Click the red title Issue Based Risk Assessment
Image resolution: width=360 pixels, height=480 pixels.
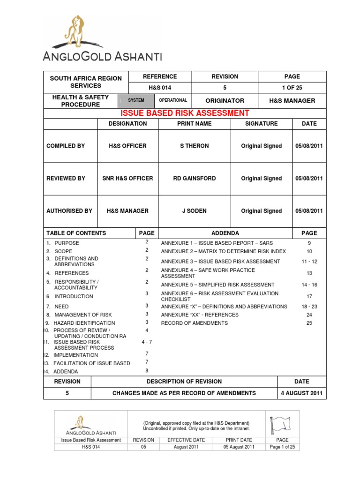(x=184, y=113)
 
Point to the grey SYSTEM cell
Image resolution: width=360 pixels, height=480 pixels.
(x=136, y=100)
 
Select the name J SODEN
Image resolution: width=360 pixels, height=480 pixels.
(x=195, y=211)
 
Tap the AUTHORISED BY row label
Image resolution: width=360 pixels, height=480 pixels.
(x=69, y=211)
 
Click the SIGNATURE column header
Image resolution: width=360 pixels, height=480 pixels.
(x=262, y=124)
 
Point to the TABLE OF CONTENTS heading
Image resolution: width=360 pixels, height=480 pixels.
(x=76, y=233)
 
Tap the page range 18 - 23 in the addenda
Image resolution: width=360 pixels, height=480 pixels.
(x=309, y=306)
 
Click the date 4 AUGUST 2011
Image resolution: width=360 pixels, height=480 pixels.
(x=301, y=393)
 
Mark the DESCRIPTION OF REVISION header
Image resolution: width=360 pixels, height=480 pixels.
(x=184, y=382)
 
